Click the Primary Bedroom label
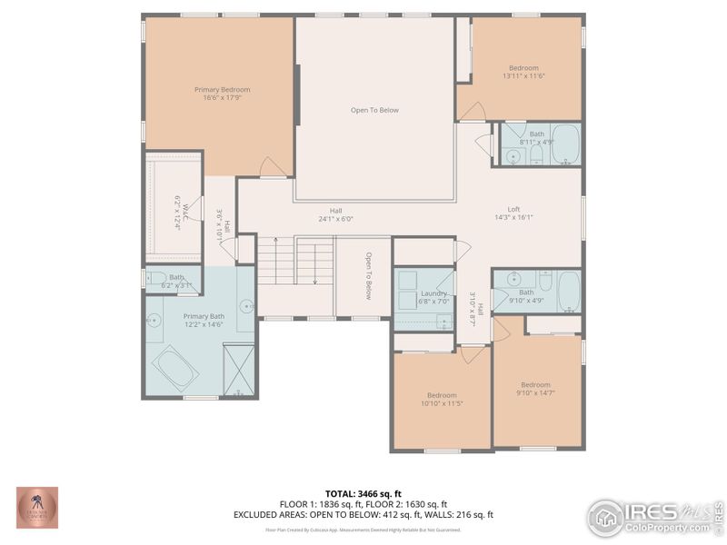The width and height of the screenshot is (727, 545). (x=222, y=89)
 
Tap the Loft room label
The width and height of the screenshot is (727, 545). (x=513, y=208)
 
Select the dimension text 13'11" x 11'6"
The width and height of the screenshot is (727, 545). (x=523, y=77)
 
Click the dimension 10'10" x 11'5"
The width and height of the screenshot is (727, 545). (x=443, y=402)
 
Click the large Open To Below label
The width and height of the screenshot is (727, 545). (x=374, y=110)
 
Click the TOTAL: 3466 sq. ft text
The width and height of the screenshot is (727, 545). (x=363, y=493)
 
